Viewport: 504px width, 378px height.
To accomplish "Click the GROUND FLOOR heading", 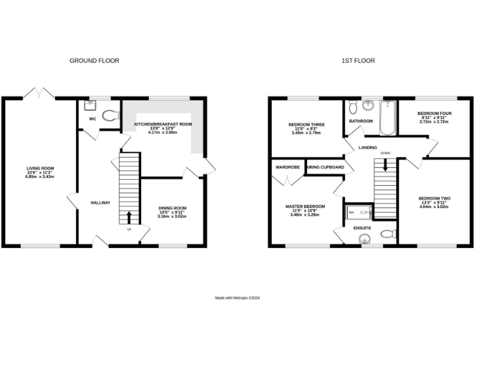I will [x=94, y=60].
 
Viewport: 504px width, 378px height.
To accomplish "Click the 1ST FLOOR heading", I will [x=358, y=60].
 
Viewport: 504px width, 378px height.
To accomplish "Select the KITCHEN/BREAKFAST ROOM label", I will [x=163, y=124].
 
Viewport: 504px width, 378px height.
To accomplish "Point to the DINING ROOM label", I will [x=172, y=209].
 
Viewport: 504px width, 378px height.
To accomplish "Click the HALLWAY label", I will [x=100, y=203].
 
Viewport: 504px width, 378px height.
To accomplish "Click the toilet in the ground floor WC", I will [x=110, y=115].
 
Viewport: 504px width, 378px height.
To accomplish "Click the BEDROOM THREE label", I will [x=306, y=125].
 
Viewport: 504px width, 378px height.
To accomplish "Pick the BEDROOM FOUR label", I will [x=434, y=114].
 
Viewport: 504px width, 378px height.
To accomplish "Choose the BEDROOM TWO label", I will [x=434, y=198].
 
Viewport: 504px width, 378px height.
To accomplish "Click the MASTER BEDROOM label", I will [x=304, y=206].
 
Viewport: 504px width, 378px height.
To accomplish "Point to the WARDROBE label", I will [x=287, y=167].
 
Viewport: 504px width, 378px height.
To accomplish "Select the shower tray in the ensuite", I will [x=359, y=211].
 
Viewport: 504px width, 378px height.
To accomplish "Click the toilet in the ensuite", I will [x=387, y=234].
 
